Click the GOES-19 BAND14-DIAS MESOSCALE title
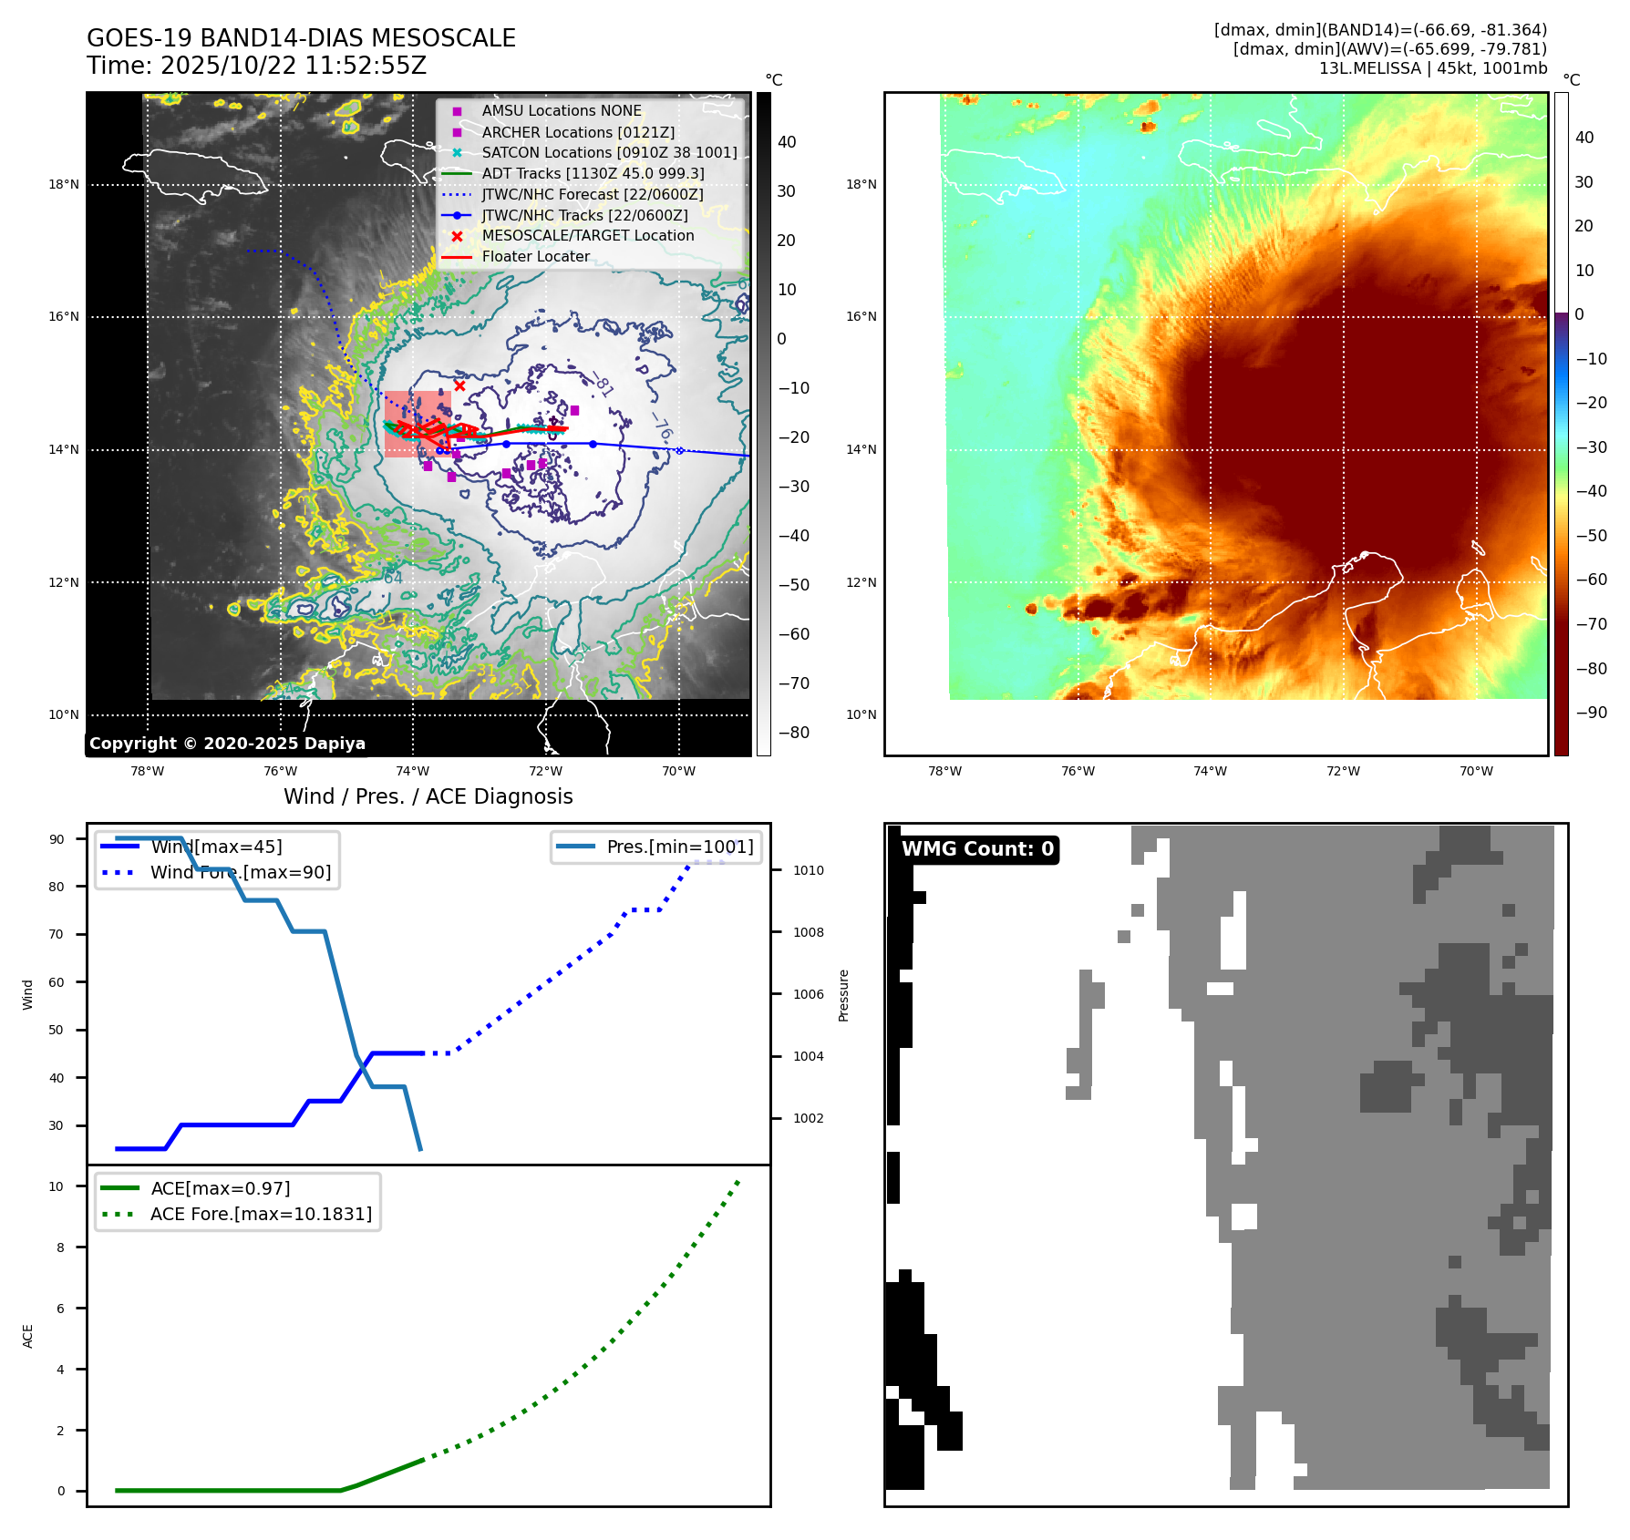tap(301, 38)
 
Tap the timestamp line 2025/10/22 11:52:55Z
tap(256, 66)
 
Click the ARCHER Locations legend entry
tap(578, 132)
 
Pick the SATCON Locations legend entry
tap(609, 153)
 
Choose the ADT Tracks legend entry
tap(593, 173)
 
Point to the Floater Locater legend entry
tap(535, 257)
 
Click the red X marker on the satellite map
tap(459, 385)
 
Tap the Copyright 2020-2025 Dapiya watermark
tap(227, 744)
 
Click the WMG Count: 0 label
tap(977, 849)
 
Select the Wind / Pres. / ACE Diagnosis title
tap(428, 796)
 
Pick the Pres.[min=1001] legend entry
tap(680, 847)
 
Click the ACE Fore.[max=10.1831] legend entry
tap(261, 1214)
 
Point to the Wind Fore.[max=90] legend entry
tap(241, 872)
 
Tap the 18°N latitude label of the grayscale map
tap(64, 185)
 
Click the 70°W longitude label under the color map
tap(1476, 771)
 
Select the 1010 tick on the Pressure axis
tap(808, 870)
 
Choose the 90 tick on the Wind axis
tap(57, 839)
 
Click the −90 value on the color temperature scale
tap(1592, 713)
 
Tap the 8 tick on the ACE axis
tap(60, 1247)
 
